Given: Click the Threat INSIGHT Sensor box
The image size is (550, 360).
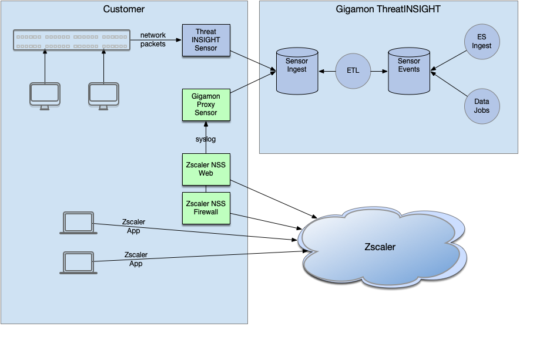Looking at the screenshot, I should [x=206, y=40].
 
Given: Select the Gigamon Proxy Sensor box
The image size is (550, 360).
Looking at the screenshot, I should [x=206, y=104].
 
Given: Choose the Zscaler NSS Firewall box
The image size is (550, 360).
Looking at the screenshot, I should [x=206, y=208].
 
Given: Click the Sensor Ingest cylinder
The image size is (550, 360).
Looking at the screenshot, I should [x=297, y=70].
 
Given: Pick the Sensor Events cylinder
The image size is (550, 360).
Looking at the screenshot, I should [x=409, y=70].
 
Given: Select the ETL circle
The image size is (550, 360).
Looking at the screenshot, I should [x=353, y=70].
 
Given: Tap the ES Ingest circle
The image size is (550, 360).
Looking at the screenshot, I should [x=482, y=42].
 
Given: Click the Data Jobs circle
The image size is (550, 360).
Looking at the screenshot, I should [x=482, y=106].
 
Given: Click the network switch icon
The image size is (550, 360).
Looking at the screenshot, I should [x=71, y=41].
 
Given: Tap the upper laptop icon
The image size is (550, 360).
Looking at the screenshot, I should [x=78, y=224].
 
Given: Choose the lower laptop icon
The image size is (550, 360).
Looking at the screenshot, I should [x=78, y=263].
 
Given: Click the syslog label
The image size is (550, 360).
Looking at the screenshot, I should [x=206, y=139].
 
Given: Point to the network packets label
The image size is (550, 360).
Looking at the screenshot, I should [x=153, y=39].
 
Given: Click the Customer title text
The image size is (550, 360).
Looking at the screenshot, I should [x=123, y=9].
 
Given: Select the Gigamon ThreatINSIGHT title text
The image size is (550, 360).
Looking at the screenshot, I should [x=388, y=9].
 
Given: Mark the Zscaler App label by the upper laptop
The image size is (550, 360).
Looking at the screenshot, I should [x=133, y=226].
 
